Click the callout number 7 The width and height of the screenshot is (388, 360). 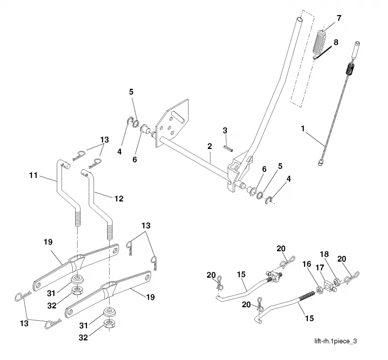coord(339,18)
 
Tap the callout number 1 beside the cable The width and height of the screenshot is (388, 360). coord(303,129)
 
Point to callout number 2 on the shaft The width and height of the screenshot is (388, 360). coord(210,146)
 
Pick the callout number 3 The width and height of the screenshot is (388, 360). coord(225,131)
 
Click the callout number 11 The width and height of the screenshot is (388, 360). coord(33,175)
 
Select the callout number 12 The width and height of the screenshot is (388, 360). coord(119,198)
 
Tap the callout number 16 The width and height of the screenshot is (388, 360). coord(307,264)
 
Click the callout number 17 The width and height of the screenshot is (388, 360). coord(320,268)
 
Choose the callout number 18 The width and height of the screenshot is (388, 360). coord(324,254)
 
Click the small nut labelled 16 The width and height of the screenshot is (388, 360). coord(319,289)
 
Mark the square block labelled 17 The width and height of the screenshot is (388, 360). coord(328,286)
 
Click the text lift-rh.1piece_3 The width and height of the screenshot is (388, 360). coord(336,341)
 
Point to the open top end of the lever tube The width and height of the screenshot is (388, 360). coord(299,19)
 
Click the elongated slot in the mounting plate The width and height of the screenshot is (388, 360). coord(178,117)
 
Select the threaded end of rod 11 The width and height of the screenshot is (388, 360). coord(78,217)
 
